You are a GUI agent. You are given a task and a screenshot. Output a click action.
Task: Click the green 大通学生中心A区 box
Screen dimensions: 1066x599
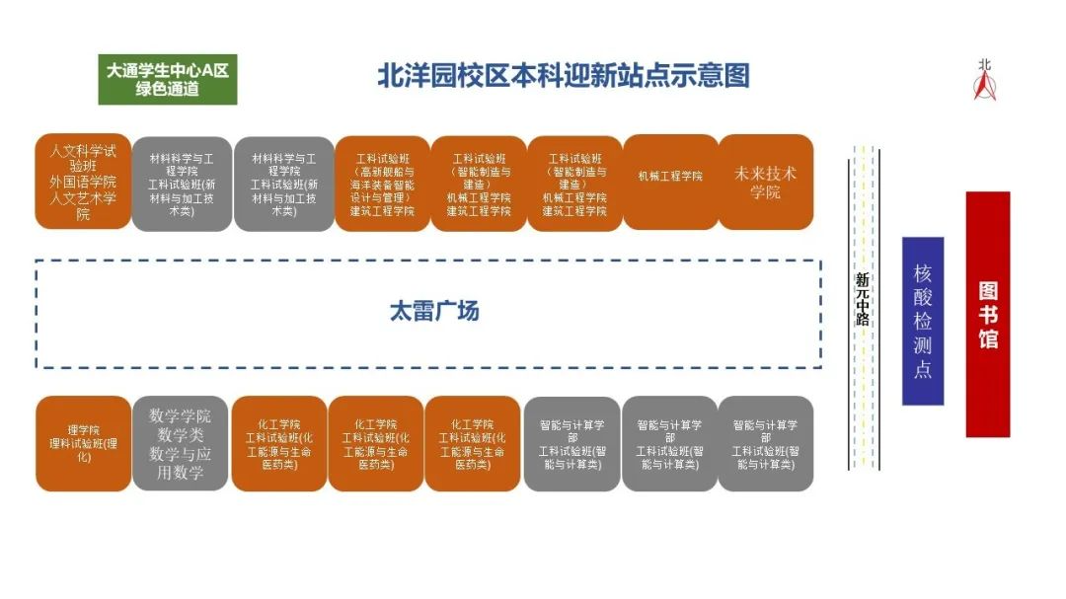[167, 79]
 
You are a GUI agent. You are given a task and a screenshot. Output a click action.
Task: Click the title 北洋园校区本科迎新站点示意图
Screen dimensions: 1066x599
[564, 76]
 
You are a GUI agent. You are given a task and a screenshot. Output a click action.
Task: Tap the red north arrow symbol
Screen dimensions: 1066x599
[984, 87]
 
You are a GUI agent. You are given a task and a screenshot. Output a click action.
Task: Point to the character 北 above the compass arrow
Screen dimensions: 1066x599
[984, 65]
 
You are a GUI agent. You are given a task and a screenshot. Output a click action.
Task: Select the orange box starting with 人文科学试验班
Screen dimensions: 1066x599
[83, 183]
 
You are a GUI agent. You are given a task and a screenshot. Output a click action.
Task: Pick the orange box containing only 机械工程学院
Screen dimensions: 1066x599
[670, 183]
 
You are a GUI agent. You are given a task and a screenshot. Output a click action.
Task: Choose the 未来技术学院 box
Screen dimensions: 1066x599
[765, 183]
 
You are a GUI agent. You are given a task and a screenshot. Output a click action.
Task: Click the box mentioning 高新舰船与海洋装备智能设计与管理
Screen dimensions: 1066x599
[382, 185]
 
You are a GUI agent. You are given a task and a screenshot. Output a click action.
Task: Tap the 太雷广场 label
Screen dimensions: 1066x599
[433, 312]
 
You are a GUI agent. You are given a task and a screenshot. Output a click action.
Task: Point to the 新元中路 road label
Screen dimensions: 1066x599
[862, 299]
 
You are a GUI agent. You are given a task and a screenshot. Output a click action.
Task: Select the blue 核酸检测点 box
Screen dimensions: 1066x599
[922, 321]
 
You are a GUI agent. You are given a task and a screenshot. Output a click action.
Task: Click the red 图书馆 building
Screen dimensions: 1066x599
[987, 314]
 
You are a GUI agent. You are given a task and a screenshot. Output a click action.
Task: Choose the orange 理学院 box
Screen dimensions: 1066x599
[83, 443]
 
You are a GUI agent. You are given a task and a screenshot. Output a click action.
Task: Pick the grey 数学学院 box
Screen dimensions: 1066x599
[180, 443]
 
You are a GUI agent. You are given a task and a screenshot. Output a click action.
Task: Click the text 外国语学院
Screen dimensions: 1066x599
[83, 183]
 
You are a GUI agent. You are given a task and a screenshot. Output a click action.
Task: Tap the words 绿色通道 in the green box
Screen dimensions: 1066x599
[167, 89]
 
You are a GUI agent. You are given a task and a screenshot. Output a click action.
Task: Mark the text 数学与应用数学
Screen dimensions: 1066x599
[180, 463]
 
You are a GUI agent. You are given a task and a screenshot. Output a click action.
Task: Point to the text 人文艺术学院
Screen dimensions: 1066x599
[83, 205]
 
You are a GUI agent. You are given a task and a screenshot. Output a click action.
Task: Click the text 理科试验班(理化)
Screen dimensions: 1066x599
[83, 449]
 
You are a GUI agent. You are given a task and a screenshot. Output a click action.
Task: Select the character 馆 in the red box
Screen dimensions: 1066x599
[987, 339]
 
